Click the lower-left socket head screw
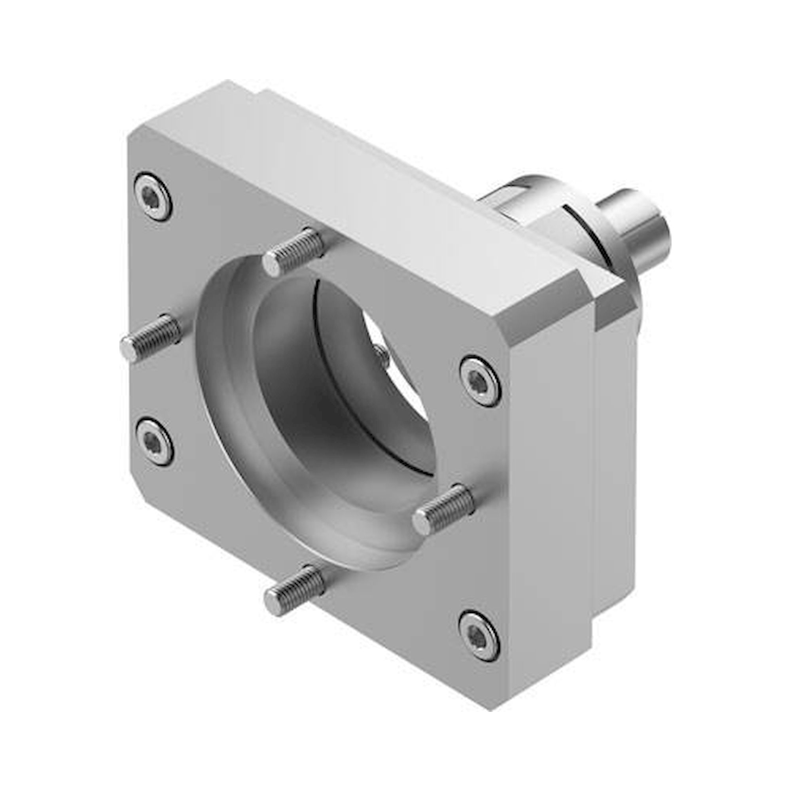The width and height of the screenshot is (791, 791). click(x=154, y=442)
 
